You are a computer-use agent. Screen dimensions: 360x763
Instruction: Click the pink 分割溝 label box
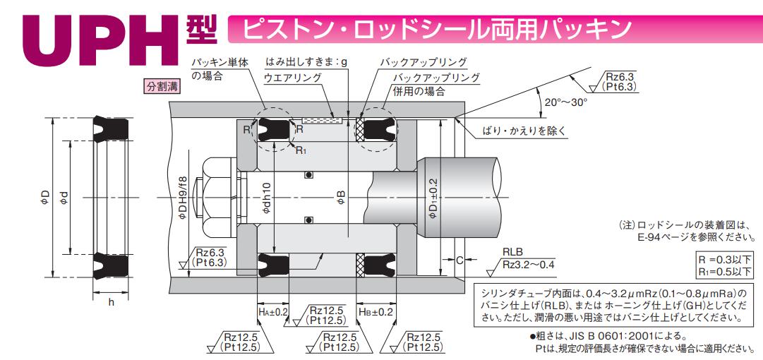point(162,87)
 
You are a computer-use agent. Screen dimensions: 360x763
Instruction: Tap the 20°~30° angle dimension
point(566,102)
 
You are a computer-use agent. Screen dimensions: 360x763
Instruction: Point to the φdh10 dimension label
point(267,200)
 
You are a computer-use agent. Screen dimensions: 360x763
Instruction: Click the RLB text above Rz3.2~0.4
point(513,252)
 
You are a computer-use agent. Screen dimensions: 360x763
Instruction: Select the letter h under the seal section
point(111,302)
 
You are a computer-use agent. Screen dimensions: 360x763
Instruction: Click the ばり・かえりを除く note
point(524,131)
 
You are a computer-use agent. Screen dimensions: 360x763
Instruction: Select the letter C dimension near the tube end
point(459,260)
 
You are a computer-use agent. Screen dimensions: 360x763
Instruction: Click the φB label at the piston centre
point(342,198)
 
